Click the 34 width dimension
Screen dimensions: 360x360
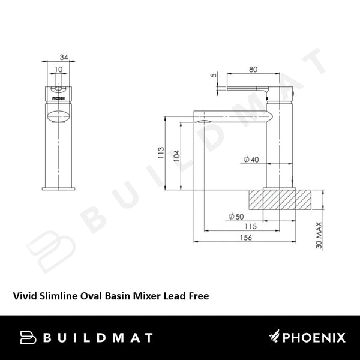tap(64, 58)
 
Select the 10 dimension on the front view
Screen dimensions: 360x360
tap(57, 70)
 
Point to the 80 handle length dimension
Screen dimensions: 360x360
tap(253, 69)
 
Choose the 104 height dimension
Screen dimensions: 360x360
tap(175, 154)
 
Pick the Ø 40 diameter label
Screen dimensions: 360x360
tap(251, 160)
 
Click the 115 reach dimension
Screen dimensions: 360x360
tap(251, 226)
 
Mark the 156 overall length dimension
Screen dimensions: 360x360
tap(246, 238)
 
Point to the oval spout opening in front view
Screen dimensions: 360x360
tap(58, 114)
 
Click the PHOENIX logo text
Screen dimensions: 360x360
tap(308, 338)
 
